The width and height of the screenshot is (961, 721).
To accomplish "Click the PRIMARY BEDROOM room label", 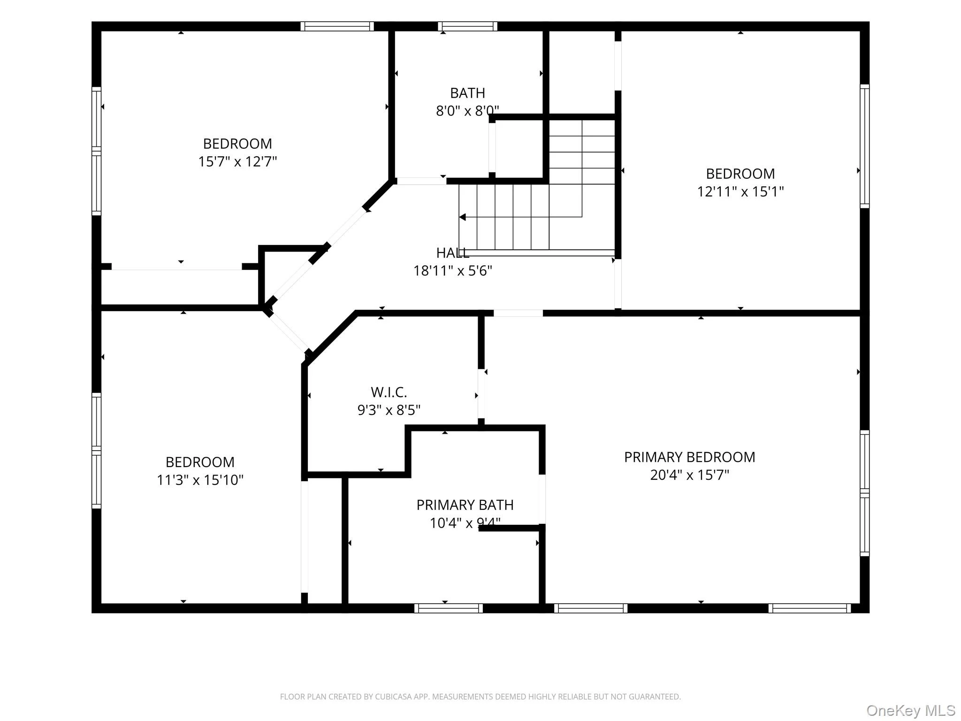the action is click(689, 457).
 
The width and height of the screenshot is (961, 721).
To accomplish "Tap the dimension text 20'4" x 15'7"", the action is click(689, 475).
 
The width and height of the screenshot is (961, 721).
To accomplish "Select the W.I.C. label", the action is click(389, 392).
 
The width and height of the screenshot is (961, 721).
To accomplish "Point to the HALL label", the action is click(452, 253).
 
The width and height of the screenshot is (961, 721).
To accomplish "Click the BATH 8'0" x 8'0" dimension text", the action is click(467, 111).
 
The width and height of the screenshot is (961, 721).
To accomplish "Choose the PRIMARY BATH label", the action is click(465, 505).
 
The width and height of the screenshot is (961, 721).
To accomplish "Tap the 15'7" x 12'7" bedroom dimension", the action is click(237, 161).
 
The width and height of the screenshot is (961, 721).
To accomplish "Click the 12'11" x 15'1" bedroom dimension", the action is click(740, 192).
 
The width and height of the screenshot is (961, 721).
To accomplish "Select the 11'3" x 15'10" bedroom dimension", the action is click(200, 480).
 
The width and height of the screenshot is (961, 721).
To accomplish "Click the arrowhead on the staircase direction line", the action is click(462, 217).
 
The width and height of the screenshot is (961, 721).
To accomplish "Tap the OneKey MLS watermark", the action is click(911, 711).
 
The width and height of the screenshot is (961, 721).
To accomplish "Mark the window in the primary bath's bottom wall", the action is click(448, 608).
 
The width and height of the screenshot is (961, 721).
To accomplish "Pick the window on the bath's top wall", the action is click(467, 26).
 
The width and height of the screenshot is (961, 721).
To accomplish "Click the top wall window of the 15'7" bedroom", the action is click(337, 26).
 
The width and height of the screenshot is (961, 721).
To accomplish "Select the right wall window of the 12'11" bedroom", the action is click(864, 146).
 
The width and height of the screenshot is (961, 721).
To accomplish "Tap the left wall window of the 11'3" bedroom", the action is click(96, 451).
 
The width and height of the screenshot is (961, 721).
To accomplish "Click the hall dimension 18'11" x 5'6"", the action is click(452, 271).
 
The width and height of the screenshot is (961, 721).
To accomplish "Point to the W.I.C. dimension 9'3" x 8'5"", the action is click(389, 410).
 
